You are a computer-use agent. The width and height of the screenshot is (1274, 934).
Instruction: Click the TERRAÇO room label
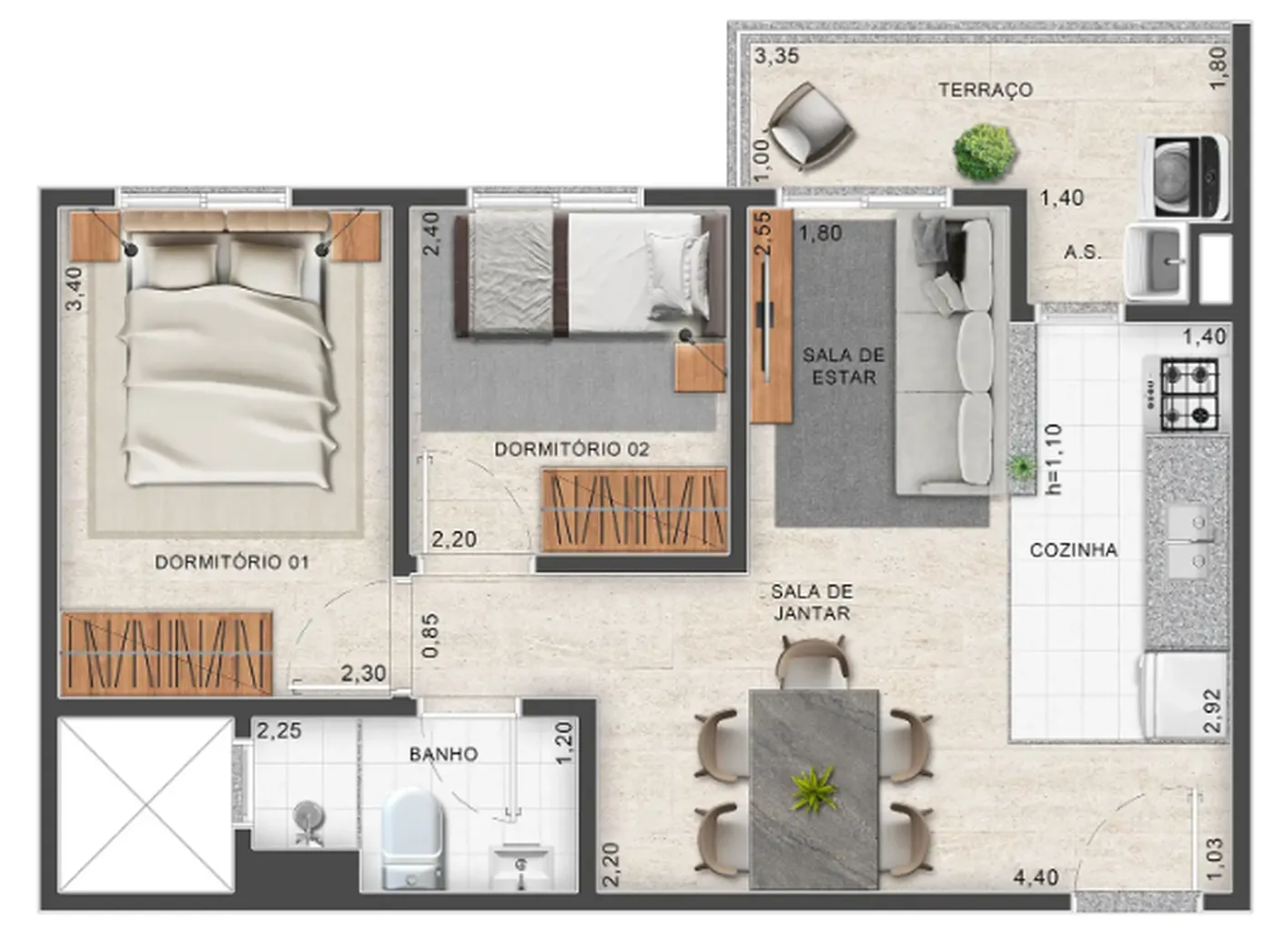[x=985, y=90]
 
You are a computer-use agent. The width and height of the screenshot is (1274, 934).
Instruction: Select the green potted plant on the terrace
[x=985, y=153]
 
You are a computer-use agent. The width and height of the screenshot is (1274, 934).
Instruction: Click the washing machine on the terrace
[x=1186, y=176]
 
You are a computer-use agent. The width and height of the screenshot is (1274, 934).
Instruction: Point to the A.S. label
[x=1082, y=253]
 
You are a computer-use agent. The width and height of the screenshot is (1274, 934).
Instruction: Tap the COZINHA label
[x=1074, y=549]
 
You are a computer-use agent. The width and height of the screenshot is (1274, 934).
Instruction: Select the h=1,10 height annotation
[x=1054, y=459]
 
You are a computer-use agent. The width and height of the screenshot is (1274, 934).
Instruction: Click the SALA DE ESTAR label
[x=844, y=367]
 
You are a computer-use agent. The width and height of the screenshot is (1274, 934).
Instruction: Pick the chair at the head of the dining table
[x=813, y=662]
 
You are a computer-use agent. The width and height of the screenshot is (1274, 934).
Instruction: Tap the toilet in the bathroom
[x=412, y=838]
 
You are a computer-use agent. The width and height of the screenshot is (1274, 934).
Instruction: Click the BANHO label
[x=444, y=754]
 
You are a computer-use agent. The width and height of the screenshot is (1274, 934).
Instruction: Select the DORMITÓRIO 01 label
[x=232, y=562]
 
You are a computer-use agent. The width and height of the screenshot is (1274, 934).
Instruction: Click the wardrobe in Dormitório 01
[x=166, y=653]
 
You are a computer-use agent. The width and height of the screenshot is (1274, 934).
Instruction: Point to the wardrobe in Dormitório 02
[x=635, y=509]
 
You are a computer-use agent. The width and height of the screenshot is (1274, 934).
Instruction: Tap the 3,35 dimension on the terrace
[x=777, y=56]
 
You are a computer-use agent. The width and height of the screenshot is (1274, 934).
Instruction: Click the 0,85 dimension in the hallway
[x=431, y=635]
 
